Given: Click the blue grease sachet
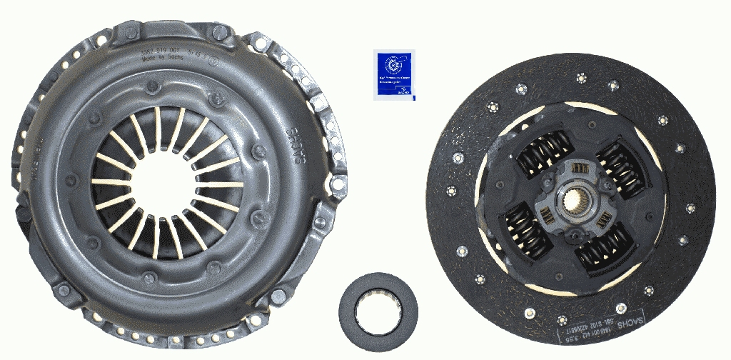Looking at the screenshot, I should click(393, 74).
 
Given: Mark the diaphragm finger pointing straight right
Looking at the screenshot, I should click(218, 184).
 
